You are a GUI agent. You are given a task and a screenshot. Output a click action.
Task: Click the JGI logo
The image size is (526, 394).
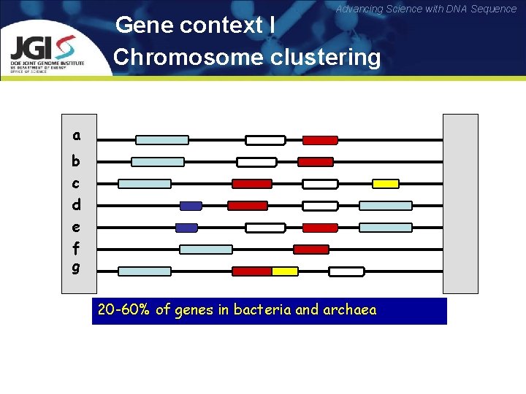pyautogui.click(x=47, y=53)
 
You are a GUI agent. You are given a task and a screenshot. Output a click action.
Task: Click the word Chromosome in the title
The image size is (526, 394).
pyautogui.click(x=188, y=57)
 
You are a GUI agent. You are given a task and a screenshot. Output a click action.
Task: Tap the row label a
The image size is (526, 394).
pyautogui.click(x=76, y=135)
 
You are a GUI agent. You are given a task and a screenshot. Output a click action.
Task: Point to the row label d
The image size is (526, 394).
pyautogui.click(x=76, y=204)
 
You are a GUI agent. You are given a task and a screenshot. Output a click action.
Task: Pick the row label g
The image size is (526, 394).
pyautogui.click(x=76, y=268)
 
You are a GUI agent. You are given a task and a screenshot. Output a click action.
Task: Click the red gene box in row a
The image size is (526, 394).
pyautogui.click(x=320, y=140)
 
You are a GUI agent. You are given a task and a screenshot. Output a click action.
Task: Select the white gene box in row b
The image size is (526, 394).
pyautogui.click(x=256, y=162)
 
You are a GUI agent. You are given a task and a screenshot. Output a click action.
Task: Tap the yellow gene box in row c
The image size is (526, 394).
pyautogui.click(x=386, y=184)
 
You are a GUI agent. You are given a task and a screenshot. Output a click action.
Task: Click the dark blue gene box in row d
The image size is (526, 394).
pyautogui.click(x=191, y=206)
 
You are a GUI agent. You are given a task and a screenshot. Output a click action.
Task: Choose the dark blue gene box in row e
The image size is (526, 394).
pyautogui.click(x=187, y=228)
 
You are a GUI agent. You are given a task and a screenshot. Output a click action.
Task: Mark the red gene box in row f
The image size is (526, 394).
pyautogui.click(x=311, y=250)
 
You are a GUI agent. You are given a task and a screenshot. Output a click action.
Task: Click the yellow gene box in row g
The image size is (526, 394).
pyautogui.click(x=285, y=271)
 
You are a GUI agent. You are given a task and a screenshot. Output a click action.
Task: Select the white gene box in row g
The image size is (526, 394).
pyautogui.click(x=346, y=271)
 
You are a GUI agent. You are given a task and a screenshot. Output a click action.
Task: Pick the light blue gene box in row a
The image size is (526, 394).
pyautogui.click(x=162, y=140)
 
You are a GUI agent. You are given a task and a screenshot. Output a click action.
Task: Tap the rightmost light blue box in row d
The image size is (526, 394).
pyautogui.click(x=386, y=206)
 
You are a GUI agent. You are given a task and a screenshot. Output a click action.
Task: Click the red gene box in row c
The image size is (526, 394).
pyautogui.click(x=252, y=184)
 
